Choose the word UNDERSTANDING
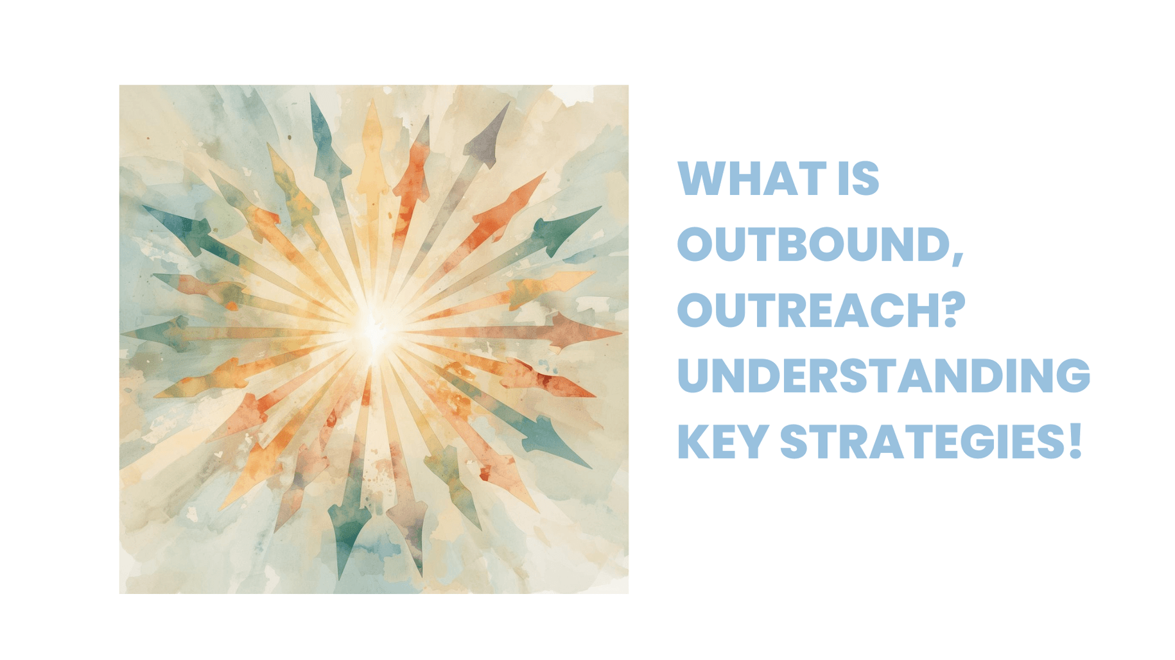tap(883, 376)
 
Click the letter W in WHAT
tap(702, 178)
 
